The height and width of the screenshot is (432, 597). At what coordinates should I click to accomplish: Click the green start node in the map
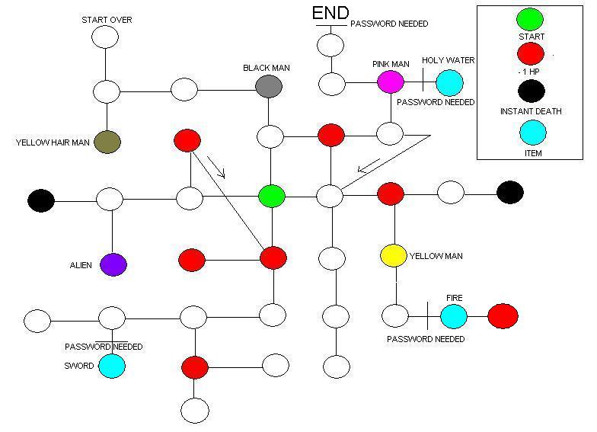271,196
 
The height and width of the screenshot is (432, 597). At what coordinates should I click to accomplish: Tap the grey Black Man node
269,86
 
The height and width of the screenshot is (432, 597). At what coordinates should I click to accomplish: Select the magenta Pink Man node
390,82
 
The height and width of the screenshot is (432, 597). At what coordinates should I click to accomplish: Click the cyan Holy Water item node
449,82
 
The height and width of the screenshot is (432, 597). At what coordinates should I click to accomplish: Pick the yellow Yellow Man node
394,256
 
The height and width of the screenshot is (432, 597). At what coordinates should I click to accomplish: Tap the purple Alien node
113,264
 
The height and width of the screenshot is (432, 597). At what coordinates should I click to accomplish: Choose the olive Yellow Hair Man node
107,142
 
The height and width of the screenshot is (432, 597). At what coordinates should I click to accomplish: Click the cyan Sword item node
112,366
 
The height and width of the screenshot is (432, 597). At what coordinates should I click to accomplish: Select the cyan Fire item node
454,315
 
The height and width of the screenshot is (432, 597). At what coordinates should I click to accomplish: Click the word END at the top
330,13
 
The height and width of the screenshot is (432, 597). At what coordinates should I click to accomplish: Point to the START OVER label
107,20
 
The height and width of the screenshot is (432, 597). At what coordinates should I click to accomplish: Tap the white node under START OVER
106,37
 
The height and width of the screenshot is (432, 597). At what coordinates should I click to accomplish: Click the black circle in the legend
531,91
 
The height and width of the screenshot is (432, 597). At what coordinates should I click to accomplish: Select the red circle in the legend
531,53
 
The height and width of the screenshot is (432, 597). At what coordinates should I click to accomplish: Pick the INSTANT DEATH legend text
531,111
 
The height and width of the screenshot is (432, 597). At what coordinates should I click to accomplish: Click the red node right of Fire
503,315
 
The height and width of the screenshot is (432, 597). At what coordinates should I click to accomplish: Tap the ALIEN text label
81,266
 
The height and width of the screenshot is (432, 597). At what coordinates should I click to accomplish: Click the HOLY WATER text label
449,60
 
